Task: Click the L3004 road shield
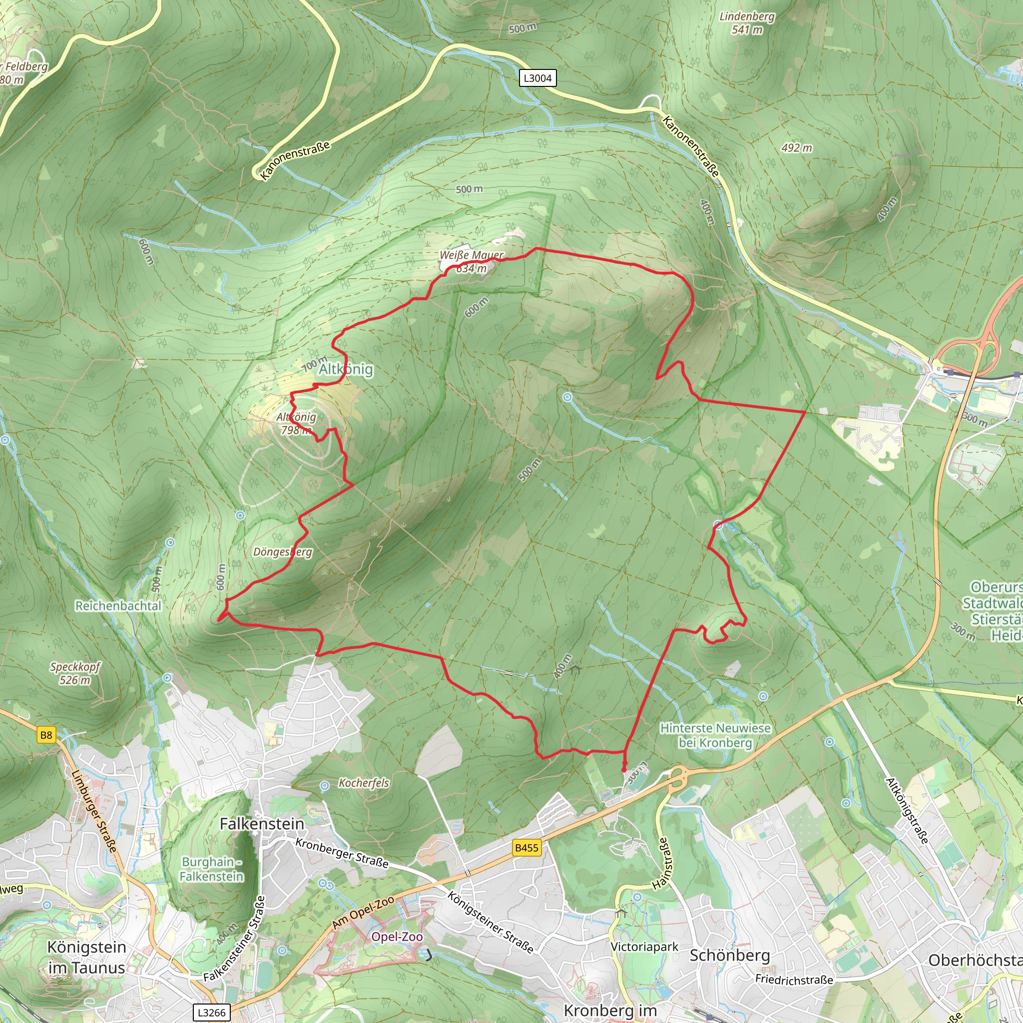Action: click(537, 78)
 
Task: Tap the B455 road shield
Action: click(526, 848)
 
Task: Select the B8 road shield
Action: click(46, 735)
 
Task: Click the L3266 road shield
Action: click(211, 1013)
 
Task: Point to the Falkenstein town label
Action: click(262, 824)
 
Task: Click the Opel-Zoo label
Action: click(397, 936)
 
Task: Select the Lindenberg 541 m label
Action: click(747, 23)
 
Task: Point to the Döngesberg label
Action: click(282, 552)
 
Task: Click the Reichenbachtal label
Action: click(118, 606)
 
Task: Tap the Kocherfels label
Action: click(364, 783)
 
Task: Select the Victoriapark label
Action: click(644, 947)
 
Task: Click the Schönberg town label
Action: click(729, 955)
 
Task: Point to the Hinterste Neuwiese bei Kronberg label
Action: click(715, 735)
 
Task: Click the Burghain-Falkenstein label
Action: click(211, 869)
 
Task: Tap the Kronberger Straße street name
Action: click(342, 853)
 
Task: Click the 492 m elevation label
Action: click(796, 148)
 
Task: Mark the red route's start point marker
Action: click(624, 769)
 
